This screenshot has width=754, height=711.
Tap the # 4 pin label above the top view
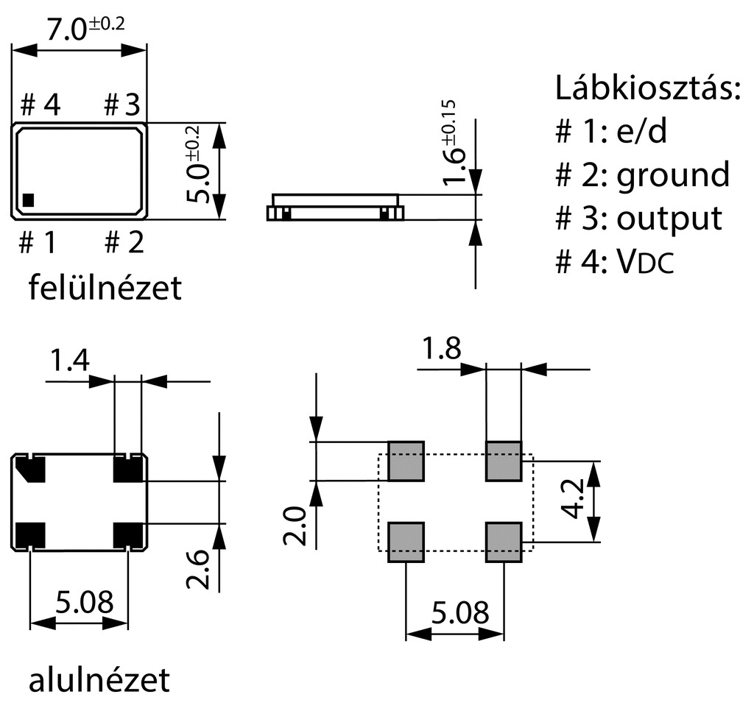coord(40,105)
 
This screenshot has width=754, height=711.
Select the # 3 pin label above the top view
coord(121,105)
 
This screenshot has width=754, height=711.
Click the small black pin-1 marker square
coord(29,199)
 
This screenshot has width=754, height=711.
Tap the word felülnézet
coord(105,288)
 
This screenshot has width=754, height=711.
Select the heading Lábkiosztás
coord(646,89)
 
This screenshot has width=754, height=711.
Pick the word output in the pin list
coord(669,218)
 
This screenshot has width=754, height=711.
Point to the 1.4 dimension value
coord(69,361)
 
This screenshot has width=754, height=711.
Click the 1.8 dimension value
coord(441,347)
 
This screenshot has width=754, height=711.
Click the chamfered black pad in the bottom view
coord(31,469)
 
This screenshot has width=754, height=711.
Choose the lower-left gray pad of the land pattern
coord(406,542)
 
